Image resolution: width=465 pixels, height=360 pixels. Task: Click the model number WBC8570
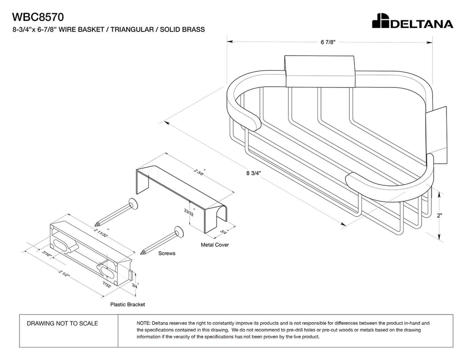(x=38, y=17)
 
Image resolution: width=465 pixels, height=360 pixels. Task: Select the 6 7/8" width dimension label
(x=328, y=42)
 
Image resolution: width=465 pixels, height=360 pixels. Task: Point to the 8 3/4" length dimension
(x=253, y=173)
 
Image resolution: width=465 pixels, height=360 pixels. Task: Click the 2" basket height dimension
(x=440, y=215)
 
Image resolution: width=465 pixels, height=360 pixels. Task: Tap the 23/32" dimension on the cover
(x=189, y=212)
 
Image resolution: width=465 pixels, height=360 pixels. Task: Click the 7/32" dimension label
(x=107, y=285)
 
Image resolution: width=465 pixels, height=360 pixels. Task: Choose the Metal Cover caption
(x=215, y=245)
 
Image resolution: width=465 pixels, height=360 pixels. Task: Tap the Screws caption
(x=167, y=253)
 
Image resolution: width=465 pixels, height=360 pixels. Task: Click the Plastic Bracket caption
(x=128, y=304)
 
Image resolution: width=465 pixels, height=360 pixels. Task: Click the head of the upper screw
(x=133, y=204)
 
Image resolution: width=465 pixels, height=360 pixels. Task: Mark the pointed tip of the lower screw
(x=141, y=254)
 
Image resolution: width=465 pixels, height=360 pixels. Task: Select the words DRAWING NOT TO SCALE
(x=62, y=323)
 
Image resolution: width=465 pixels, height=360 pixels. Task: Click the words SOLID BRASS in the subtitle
(x=182, y=29)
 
